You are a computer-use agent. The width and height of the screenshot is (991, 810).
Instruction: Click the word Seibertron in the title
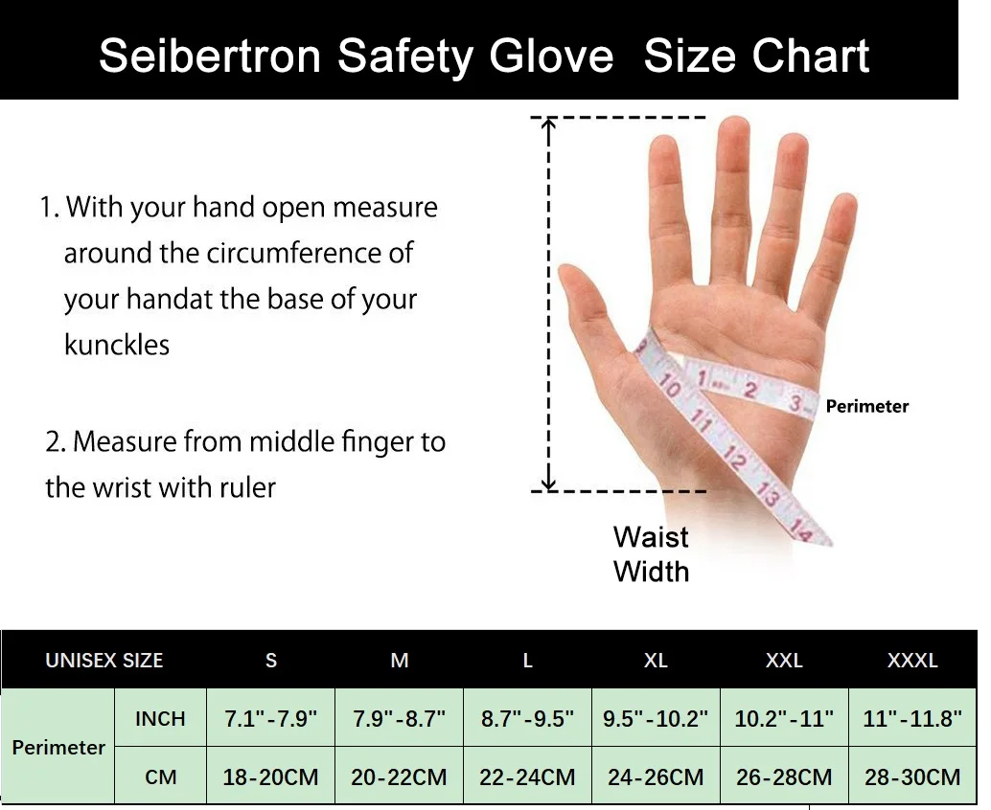pyautogui.click(x=210, y=56)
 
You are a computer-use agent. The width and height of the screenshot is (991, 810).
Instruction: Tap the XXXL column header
pyautogui.click(x=912, y=661)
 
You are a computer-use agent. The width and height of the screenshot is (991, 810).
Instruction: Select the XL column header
pyautogui.click(x=656, y=661)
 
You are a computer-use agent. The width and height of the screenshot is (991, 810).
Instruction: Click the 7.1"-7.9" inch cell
pyautogui.click(x=270, y=718)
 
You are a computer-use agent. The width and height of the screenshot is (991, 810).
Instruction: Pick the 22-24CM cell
pyautogui.click(x=527, y=776)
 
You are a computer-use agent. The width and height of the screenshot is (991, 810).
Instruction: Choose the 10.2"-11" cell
pyautogui.click(x=784, y=718)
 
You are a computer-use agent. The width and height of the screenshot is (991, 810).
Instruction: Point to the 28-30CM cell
pyautogui.click(x=912, y=776)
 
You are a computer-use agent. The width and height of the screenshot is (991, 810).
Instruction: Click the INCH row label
pyautogui.click(x=160, y=718)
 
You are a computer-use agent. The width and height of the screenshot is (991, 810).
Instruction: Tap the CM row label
pyautogui.click(x=160, y=776)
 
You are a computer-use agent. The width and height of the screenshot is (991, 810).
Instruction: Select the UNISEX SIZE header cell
pyautogui.click(x=104, y=661)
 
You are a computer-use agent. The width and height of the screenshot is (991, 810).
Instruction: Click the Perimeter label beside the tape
pyautogui.click(x=867, y=406)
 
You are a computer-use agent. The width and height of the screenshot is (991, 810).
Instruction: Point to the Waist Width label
pyautogui.click(x=651, y=554)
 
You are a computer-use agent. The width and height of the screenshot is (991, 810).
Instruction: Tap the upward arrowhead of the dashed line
pyautogui.click(x=549, y=123)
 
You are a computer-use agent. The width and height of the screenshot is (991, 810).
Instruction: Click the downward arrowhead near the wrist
pyautogui.click(x=549, y=484)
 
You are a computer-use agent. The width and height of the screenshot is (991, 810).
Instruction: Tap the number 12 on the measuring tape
pyautogui.click(x=734, y=458)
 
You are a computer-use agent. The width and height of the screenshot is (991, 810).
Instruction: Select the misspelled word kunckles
pyautogui.click(x=117, y=345)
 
